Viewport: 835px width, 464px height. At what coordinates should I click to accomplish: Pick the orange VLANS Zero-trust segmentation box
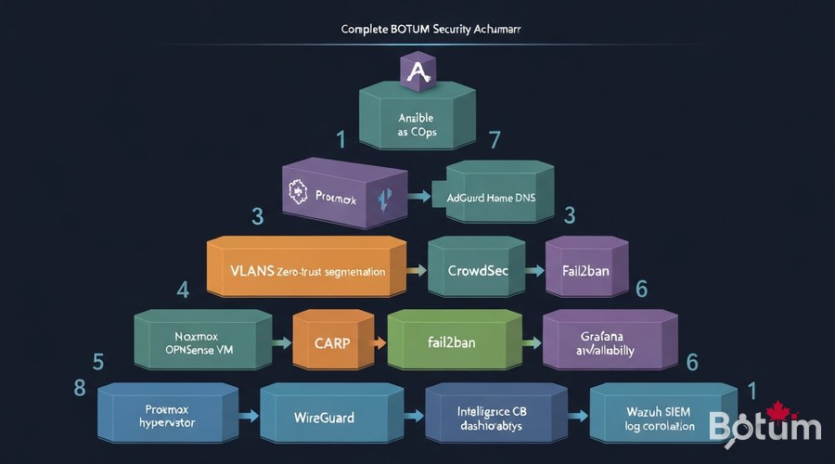[x=306, y=272]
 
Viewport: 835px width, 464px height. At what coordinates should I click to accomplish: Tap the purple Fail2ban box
[x=584, y=271]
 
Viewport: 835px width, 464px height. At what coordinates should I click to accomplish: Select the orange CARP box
[x=331, y=342]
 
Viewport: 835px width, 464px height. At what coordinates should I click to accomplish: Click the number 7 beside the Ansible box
[x=495, y=141]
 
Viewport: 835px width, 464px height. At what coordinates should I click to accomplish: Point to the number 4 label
[x=183, y=289]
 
